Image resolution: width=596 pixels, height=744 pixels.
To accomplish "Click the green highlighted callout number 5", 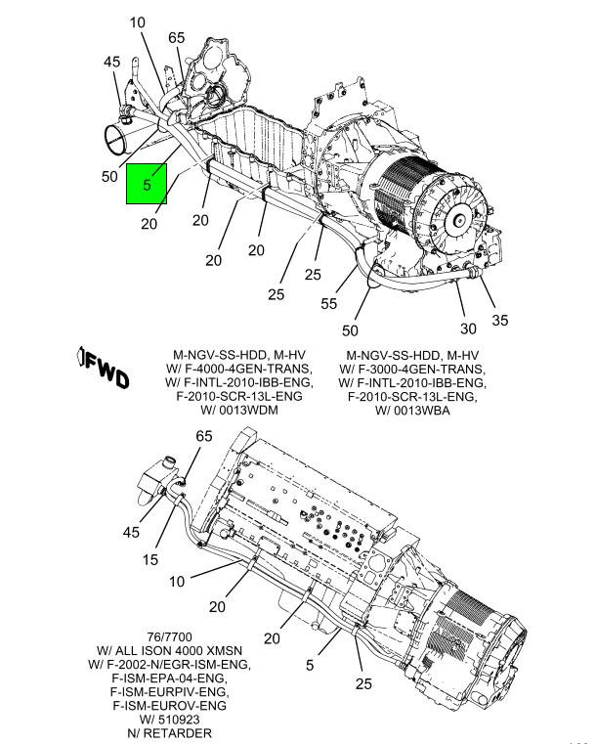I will [147, 184].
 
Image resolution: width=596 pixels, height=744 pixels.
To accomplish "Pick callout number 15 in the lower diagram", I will [150, 559].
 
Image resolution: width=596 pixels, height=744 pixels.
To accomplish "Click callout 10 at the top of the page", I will [137, 22].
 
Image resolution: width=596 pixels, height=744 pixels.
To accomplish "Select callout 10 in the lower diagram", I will [178, 582].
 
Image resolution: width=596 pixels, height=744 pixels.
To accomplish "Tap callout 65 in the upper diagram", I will [176, 38].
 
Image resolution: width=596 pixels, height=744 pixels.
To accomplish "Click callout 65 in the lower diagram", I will [204, 436].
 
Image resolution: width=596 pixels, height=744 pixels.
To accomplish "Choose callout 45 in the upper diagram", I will [112, 63].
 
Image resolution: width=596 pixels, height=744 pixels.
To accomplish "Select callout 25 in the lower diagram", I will [363, 684].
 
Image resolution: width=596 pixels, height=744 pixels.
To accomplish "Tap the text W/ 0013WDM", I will [240, 410].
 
